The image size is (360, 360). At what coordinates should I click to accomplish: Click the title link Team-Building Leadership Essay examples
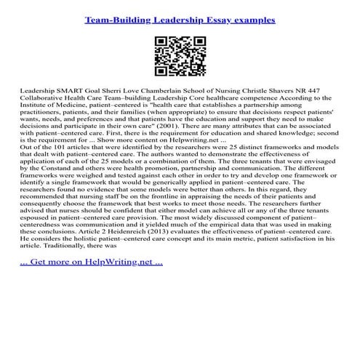pyautogui.click(x=180, y=20)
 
